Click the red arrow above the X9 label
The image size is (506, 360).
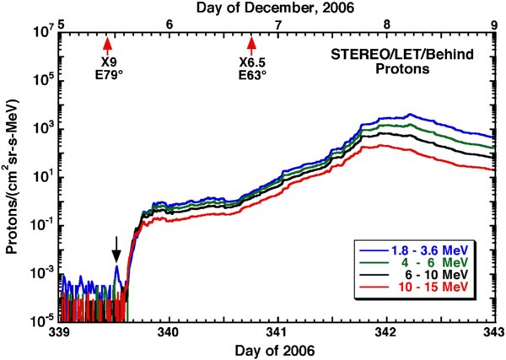(107, 45)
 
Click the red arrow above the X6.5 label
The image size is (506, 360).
(251, 45)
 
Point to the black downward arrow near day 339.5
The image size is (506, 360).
(116, 250)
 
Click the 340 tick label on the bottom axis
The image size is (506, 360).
(170, 333)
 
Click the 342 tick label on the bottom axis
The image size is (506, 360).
(386, 333)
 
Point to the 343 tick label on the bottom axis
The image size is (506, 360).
(493, 333)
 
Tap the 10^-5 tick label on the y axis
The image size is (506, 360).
(41, 321)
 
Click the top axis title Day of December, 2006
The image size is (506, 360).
(277, 8)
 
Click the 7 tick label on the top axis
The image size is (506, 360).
(277, 24)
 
